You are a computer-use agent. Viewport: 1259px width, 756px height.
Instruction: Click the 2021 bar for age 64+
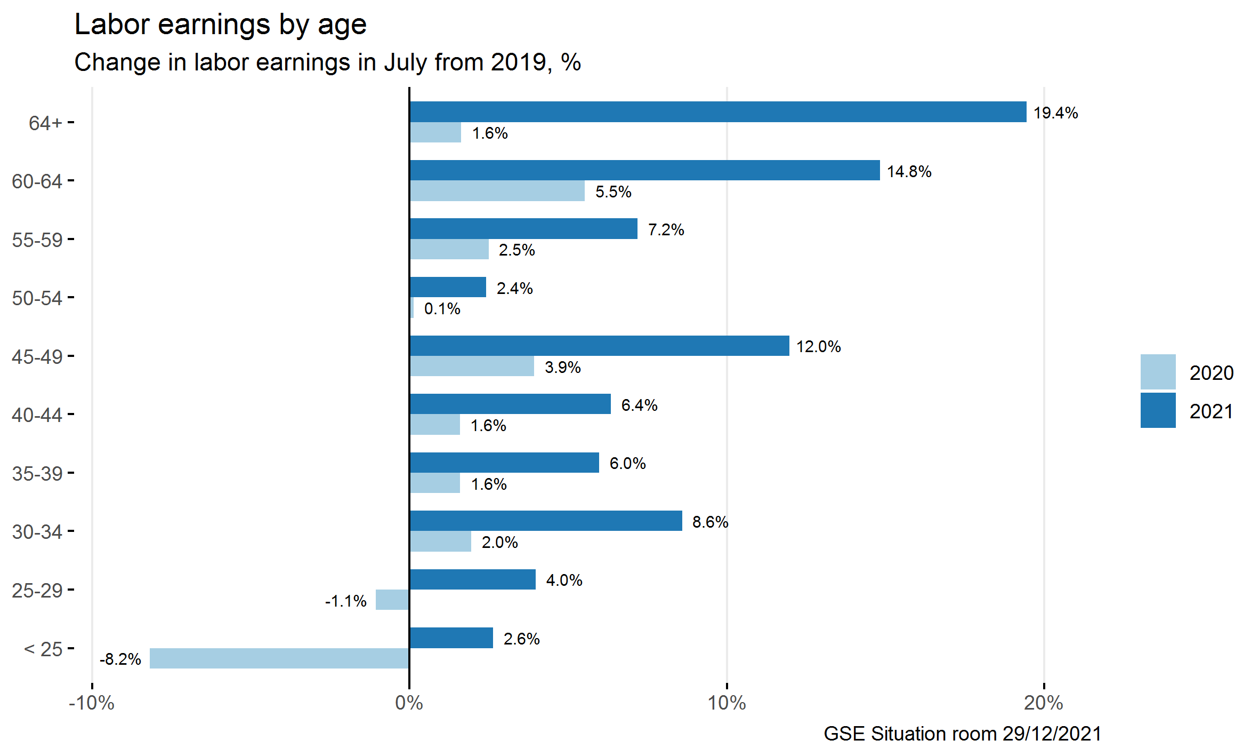click(717, 112)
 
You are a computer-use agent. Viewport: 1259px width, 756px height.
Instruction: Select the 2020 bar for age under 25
click(279, 658)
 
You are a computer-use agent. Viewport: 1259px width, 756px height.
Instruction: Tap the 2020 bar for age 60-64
click(497, 191)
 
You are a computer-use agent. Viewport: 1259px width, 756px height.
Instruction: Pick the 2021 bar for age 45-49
click(599, 346)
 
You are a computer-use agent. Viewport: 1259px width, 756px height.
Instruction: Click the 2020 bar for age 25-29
click(392, 600)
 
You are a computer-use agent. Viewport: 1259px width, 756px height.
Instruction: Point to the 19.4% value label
click(1055, 113)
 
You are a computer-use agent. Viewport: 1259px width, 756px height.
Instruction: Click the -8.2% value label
click(120, 659)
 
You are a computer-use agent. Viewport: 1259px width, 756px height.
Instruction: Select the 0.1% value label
click(442, 309)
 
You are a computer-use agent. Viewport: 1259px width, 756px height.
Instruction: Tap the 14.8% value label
click(909, 172)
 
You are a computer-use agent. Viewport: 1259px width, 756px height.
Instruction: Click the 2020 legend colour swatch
click(1158, 372)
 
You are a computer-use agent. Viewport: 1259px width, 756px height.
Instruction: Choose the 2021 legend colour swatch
click(1158, 410)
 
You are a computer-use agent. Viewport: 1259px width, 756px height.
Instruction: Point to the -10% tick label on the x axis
click(92, 703)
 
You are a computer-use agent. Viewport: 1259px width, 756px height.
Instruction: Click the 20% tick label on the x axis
click(1043, 703)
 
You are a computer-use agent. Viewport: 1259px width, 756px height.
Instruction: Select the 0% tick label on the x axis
click(409, 703)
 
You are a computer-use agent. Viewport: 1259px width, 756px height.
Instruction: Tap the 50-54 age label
click(37, 298)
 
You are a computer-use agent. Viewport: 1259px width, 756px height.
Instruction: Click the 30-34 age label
click(37, 532)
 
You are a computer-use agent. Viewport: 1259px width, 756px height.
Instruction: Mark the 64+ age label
click(46, 123)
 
